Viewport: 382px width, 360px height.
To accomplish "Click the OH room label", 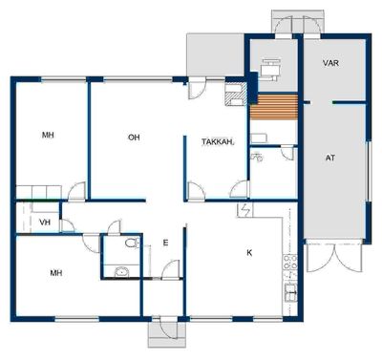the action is (x=134, y=138).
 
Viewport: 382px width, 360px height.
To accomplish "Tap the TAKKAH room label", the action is (x=218, y=142).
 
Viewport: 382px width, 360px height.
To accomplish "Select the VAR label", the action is (x=330, y=63).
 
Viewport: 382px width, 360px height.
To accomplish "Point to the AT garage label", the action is (x=330, y=158).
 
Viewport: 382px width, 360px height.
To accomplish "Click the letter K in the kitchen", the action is (x=249, y=253).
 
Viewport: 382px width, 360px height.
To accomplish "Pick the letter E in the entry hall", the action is (x=165, y=243).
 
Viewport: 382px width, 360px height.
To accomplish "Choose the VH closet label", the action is (x=45, y=222).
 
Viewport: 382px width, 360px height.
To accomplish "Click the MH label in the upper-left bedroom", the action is (x=48, y=136).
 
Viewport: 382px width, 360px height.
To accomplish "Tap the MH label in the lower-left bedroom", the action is (x=56, y=273).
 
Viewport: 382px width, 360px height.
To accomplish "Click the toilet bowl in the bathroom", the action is (x=132, y=244).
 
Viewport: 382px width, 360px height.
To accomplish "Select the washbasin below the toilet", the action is (x=121, y=272).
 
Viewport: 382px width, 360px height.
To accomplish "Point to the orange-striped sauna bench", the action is (x=274, y=107).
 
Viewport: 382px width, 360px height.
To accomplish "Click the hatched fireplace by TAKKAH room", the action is (x=236, y=95).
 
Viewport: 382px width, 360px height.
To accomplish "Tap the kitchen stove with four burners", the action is (x=290, y=262).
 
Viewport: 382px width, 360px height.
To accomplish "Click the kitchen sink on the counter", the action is (x=291, y=292).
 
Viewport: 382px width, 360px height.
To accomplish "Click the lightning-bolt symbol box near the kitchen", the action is (x=245, y=210).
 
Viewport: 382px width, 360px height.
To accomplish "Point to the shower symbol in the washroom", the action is (x=257, y=157).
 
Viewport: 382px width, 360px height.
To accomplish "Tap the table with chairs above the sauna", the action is (x=270, y=69).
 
